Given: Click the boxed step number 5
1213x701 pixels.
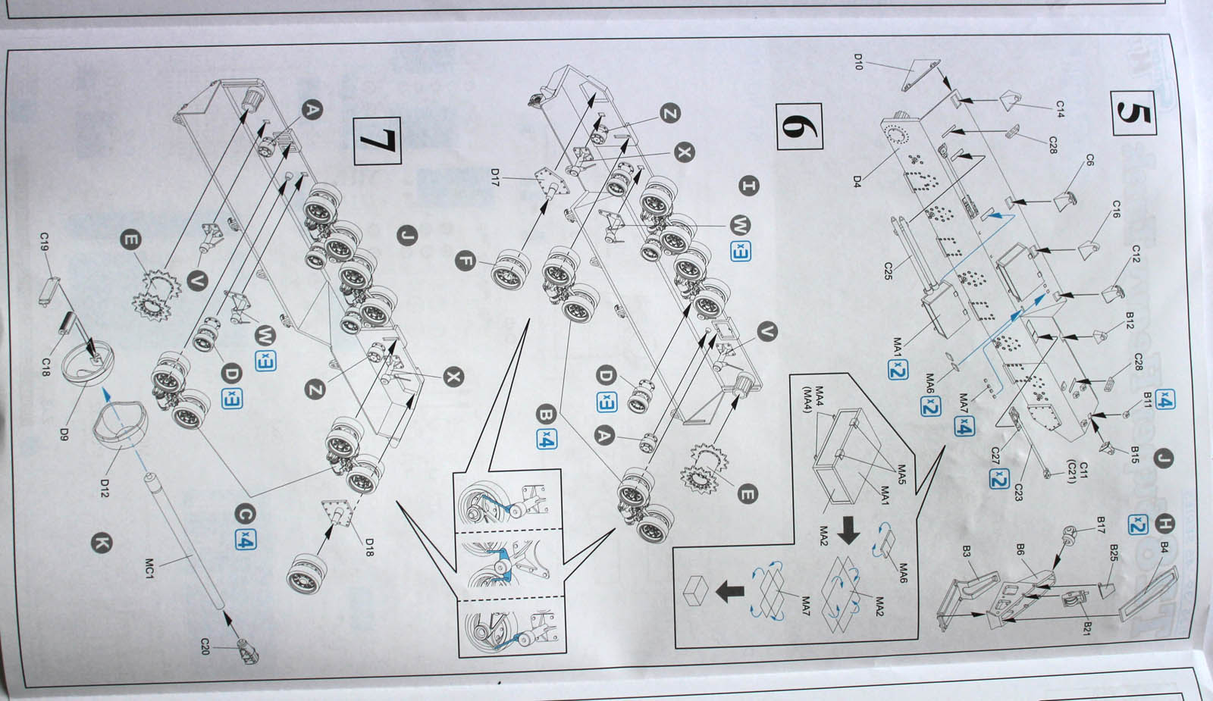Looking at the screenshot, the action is click(1133, 113).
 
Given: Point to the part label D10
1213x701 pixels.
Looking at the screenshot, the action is click(858, 61).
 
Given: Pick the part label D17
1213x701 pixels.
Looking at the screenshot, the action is click(494, 177).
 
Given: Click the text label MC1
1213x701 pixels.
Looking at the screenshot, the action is click(149, 568).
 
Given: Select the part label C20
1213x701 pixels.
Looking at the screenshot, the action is click(204, 646).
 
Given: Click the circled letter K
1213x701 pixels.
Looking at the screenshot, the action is click(101, 543).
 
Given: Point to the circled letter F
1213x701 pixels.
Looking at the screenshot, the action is click(465, 261).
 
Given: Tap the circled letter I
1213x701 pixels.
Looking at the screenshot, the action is click(749, 185).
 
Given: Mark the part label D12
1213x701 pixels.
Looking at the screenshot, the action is click(105, 488).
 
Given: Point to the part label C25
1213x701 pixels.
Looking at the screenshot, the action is click(888, 271).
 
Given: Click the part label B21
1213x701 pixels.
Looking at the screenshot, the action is click(1087, 628).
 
